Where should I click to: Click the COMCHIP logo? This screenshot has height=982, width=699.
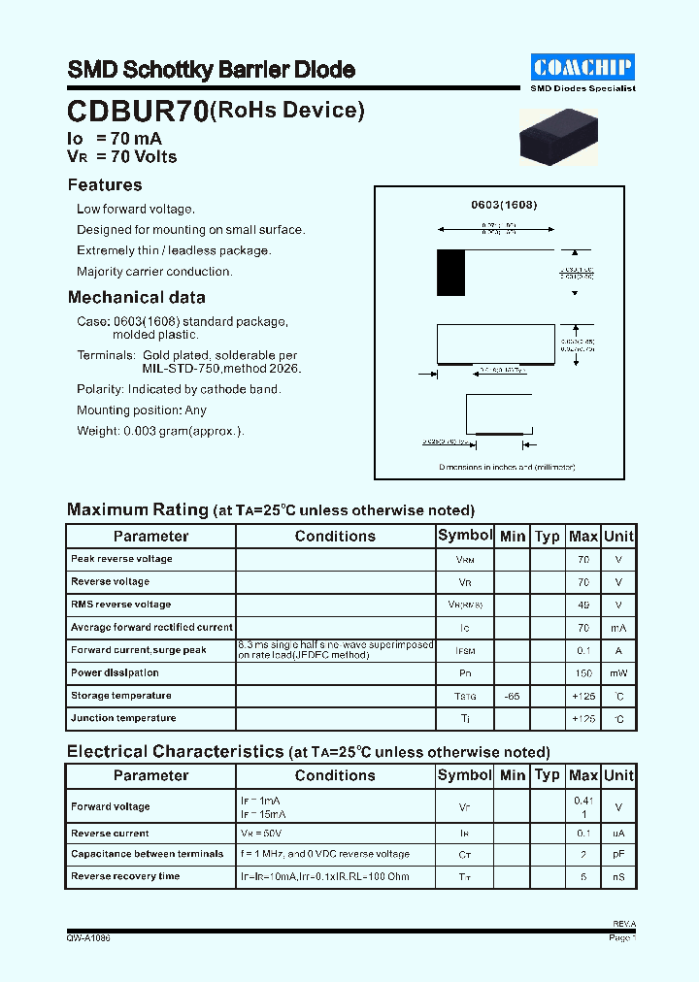pyautogui.click(x=582, y=67)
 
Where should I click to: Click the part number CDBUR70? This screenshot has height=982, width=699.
pyautogui.click(x=137, y=113)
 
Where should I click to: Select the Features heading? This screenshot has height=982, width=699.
pyautogui.click(x=105, y=185)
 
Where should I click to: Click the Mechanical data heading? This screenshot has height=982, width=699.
pyautogui.click(x=136, y=298)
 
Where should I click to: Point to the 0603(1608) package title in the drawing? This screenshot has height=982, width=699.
pyautogui.click(x=504, y=206)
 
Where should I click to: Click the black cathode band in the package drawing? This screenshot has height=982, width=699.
pyautogui.click(x=450, y=274)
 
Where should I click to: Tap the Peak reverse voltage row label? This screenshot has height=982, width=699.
pyautogui.click(x=121, y=559)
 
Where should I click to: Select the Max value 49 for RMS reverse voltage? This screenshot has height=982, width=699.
pyautogui.click(x=582, y=605)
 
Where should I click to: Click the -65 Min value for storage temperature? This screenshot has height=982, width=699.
pyautogui.click(x=512, y=696)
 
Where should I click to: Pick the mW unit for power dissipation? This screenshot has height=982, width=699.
pyautogui.click(x=618, y=673)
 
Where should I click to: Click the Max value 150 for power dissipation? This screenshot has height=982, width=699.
pyautogui.click(x=582, y=673)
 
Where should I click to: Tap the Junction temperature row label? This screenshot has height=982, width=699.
pyautogui.click(x=123, y=718)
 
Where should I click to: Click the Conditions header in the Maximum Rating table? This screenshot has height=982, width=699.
pyautogui.click(x=335, y=537)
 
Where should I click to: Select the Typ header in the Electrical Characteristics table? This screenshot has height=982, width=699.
pyautogui.click(x=548, y=775)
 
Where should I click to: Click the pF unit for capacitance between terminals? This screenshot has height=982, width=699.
pyautogui.click(x=618, y=855)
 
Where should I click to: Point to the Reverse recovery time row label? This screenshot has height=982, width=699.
pyautogui.click(x=125, y=876)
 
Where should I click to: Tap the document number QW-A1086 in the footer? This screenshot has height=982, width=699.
pyautogui.click(x=88, y=938)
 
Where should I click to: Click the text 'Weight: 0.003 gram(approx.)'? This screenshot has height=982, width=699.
pyautogui.click(x=160, y=431)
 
